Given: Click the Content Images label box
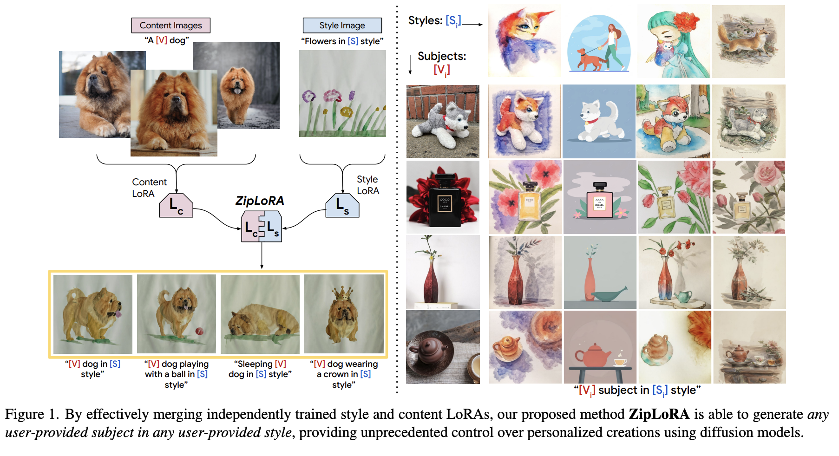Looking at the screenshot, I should [170, 25].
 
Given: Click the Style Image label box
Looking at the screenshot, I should [342, 25].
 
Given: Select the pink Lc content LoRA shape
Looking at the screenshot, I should [176, 206].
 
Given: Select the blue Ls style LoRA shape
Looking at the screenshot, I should [342, 206].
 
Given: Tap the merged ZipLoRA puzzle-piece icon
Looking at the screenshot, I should [262, 226].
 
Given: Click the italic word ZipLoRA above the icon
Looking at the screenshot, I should [259, 201].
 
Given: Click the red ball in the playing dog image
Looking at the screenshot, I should [199, 331].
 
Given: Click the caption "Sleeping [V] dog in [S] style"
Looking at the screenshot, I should [260, 369].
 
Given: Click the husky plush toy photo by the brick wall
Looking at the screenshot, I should [443, 121].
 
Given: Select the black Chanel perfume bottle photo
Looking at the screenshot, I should [443, 197].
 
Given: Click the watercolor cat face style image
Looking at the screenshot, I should [524, 41].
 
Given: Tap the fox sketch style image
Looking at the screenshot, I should [748, 41].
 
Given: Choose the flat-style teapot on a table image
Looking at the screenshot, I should [600, 347].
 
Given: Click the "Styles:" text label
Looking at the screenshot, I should [425, 20].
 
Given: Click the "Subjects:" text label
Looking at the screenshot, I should [441, 56].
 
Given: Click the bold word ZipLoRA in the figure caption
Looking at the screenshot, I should [659, 414].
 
